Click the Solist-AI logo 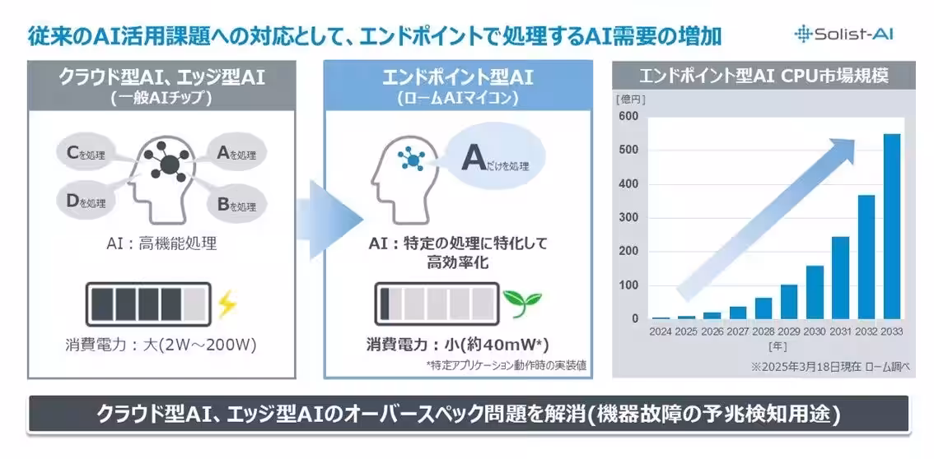844,34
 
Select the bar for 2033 892,226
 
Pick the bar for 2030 815,292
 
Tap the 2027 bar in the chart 738,313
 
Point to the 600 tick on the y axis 628,117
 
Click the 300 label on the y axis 628,218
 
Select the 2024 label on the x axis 661,331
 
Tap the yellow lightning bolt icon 227,304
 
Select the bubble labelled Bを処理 236,206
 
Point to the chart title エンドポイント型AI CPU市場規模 764,76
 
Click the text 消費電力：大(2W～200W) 161,345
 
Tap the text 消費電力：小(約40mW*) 457,345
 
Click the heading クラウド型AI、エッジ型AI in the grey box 161,78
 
